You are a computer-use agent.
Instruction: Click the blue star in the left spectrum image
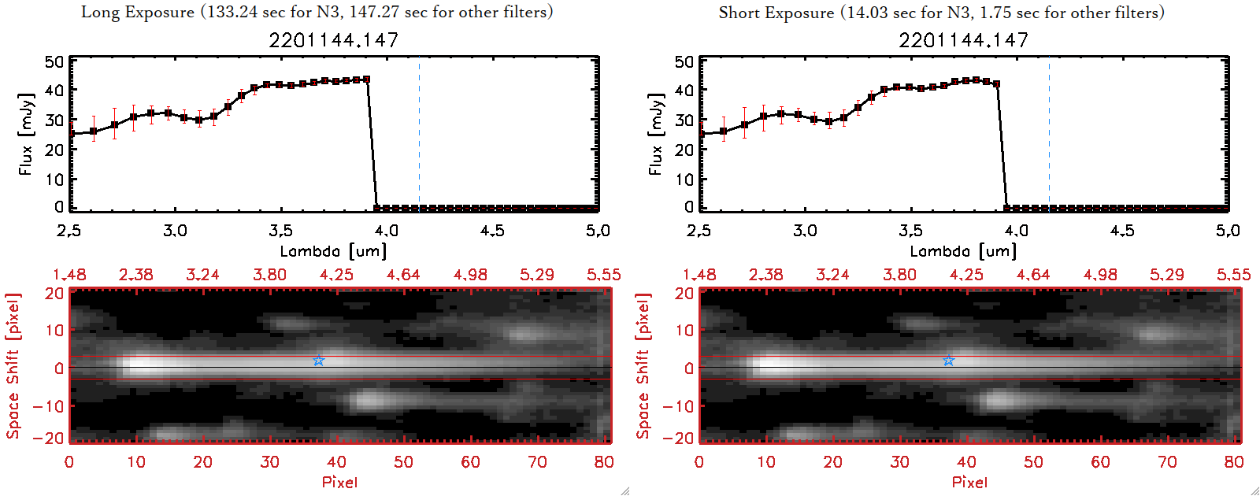click(318, 361)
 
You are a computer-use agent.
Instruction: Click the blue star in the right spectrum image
click(948, 361)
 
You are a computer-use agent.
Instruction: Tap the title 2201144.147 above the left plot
click(334, 40)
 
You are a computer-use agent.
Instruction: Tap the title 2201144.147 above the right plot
click(964, 40)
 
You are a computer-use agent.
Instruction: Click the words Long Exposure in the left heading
click(138, 13)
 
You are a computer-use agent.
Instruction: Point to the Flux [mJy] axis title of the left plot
click(26, 135)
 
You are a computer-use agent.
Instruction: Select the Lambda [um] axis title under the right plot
click(963, 251)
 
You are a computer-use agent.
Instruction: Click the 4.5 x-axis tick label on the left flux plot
click(492, 231)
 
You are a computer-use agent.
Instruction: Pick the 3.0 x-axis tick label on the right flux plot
click(805, 231)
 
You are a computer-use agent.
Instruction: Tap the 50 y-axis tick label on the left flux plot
click(54, 62)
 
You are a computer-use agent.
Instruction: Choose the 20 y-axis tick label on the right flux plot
click(684, 150)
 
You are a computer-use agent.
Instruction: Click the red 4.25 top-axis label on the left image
click(336, 275)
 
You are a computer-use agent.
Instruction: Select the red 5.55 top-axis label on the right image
click(1233, 275)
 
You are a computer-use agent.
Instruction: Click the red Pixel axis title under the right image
click(969, 482)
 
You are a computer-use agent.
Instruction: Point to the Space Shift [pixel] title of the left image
click(13, 366)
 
